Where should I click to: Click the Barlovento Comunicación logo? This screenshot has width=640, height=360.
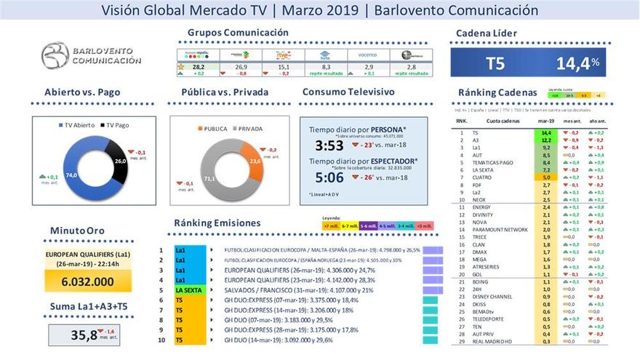tap(91, 56)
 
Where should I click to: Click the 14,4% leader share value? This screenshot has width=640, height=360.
tap(577, 63)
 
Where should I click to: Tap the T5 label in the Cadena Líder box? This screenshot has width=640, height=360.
tap(495, 63)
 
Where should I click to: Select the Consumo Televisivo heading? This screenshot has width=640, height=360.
tap(348, 92)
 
